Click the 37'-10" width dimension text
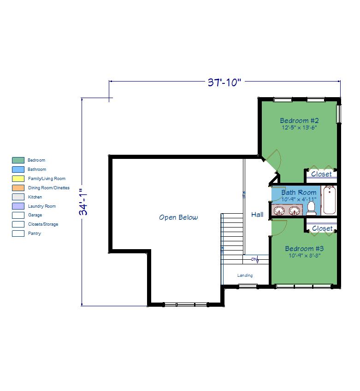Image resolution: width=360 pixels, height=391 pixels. [224, 82]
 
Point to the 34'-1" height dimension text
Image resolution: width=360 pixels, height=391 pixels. [83, 202]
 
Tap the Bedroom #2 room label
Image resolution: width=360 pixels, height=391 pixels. [299, 121]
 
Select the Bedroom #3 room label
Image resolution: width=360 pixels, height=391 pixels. [304, 249]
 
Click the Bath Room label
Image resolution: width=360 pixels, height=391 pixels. [299, 193]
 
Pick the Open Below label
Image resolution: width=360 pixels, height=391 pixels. [178, 217]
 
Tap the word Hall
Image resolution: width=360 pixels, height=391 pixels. [257, 215]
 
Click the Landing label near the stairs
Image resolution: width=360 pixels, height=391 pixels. [245, 275]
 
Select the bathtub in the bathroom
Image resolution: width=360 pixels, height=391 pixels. [329, 200]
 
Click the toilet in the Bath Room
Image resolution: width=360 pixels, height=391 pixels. [311, 209]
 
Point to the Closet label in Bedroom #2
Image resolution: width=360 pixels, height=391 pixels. [321, 174]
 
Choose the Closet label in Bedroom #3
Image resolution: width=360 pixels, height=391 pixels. [322, 228]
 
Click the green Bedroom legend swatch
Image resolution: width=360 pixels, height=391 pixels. [18, 160]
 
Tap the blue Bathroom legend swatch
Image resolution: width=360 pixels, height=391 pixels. [18, 169]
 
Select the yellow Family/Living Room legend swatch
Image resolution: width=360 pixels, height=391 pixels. [18, 179]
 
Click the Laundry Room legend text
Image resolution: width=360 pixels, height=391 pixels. [42, 206]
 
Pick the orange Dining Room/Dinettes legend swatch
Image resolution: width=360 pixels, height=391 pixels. [18, 188]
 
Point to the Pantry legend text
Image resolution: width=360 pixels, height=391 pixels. [35, 233]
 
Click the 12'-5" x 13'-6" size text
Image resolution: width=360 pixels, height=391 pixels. [299, 128]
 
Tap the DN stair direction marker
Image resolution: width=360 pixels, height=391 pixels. [255, 259]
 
